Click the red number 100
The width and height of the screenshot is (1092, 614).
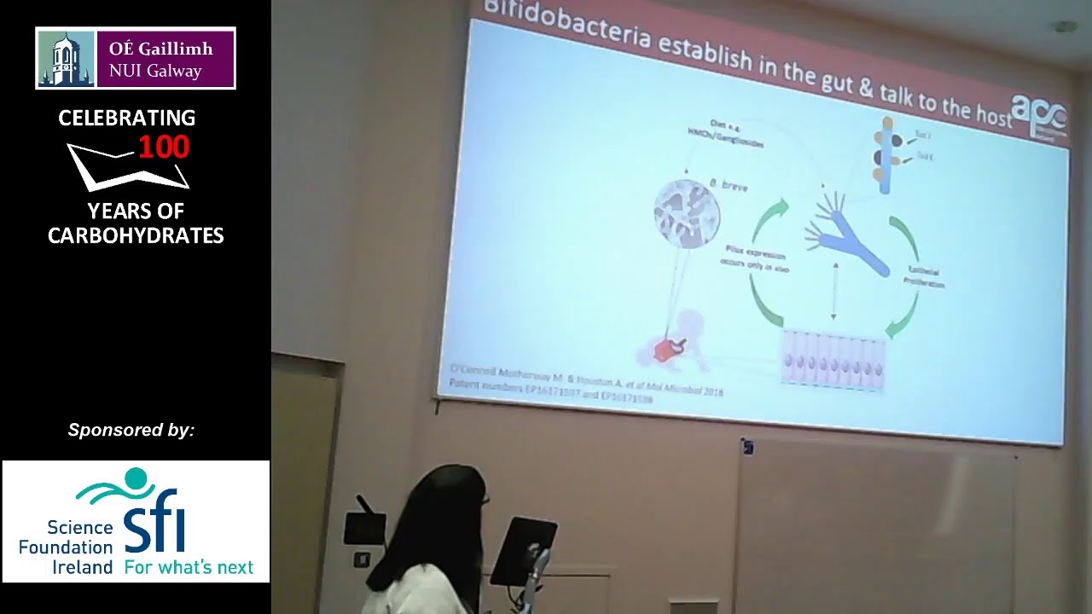[164, 147]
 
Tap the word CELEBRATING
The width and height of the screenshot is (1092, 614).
[126, 119]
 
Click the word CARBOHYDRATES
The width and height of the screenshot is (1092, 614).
[136, 235]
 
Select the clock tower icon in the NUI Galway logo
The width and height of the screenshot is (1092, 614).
[66, 58]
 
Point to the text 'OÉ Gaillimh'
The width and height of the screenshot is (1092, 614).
[160, 49]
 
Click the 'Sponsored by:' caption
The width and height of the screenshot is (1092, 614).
[131, 430]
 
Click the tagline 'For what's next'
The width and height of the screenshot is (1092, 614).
[189, 567]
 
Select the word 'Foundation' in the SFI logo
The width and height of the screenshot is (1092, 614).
[66, 547]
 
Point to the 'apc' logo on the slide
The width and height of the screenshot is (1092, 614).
[1038, 112]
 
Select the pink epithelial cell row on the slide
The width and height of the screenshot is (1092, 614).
[834, 362]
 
